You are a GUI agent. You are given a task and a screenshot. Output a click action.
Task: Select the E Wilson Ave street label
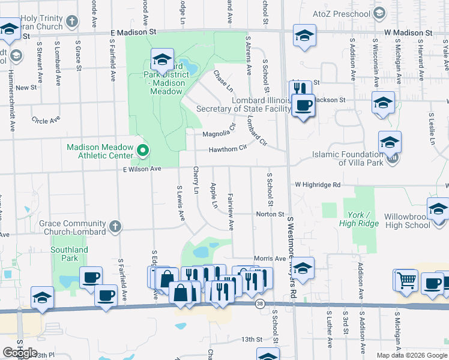(139, 170)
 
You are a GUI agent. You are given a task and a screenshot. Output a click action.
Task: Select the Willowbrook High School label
(408, 220)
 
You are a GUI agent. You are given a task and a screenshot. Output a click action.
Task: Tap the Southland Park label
(69, 254)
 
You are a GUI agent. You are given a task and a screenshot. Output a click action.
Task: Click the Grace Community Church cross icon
(115, 227)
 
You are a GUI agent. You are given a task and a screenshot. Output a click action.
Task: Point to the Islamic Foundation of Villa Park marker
(393, 158)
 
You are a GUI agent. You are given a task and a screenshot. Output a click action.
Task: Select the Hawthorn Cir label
(228, 149)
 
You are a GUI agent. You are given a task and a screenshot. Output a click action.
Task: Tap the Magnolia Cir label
(217, 134)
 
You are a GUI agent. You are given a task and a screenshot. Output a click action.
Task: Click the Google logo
(20, 353)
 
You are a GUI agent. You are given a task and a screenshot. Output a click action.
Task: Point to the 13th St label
(252, 340)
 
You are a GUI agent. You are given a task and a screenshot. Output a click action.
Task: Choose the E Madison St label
(133, 31)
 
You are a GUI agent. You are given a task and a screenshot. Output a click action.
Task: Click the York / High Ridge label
(363, 219)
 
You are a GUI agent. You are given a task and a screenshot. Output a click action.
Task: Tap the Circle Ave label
(46, 121)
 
